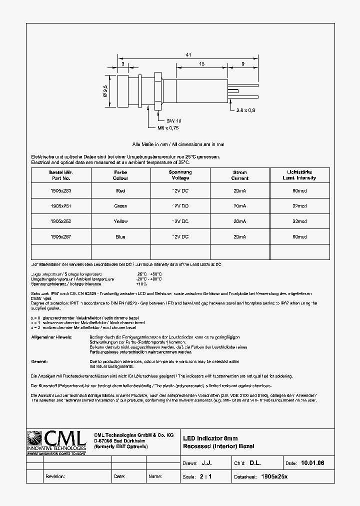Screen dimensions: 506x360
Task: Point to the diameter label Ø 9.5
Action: pos(105,91)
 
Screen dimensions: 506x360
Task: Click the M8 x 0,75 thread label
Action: pos(168,128)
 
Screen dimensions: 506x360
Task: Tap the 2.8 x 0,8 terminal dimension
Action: pos(245,110)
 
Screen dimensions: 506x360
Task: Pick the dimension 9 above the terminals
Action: pos(242,64)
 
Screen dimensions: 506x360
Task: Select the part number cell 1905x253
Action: pos(61,190)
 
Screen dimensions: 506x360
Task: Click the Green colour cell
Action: pos(120,206)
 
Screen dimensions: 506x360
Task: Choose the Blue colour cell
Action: pos(120,236)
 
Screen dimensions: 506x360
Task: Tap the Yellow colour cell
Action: pos(120,221)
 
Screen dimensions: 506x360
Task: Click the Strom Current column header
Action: pos(239,175)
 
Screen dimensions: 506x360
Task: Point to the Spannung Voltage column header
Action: pos(180,175)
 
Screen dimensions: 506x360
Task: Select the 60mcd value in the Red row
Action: pos(299,190)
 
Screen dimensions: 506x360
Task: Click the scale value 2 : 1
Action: pos(205,476)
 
